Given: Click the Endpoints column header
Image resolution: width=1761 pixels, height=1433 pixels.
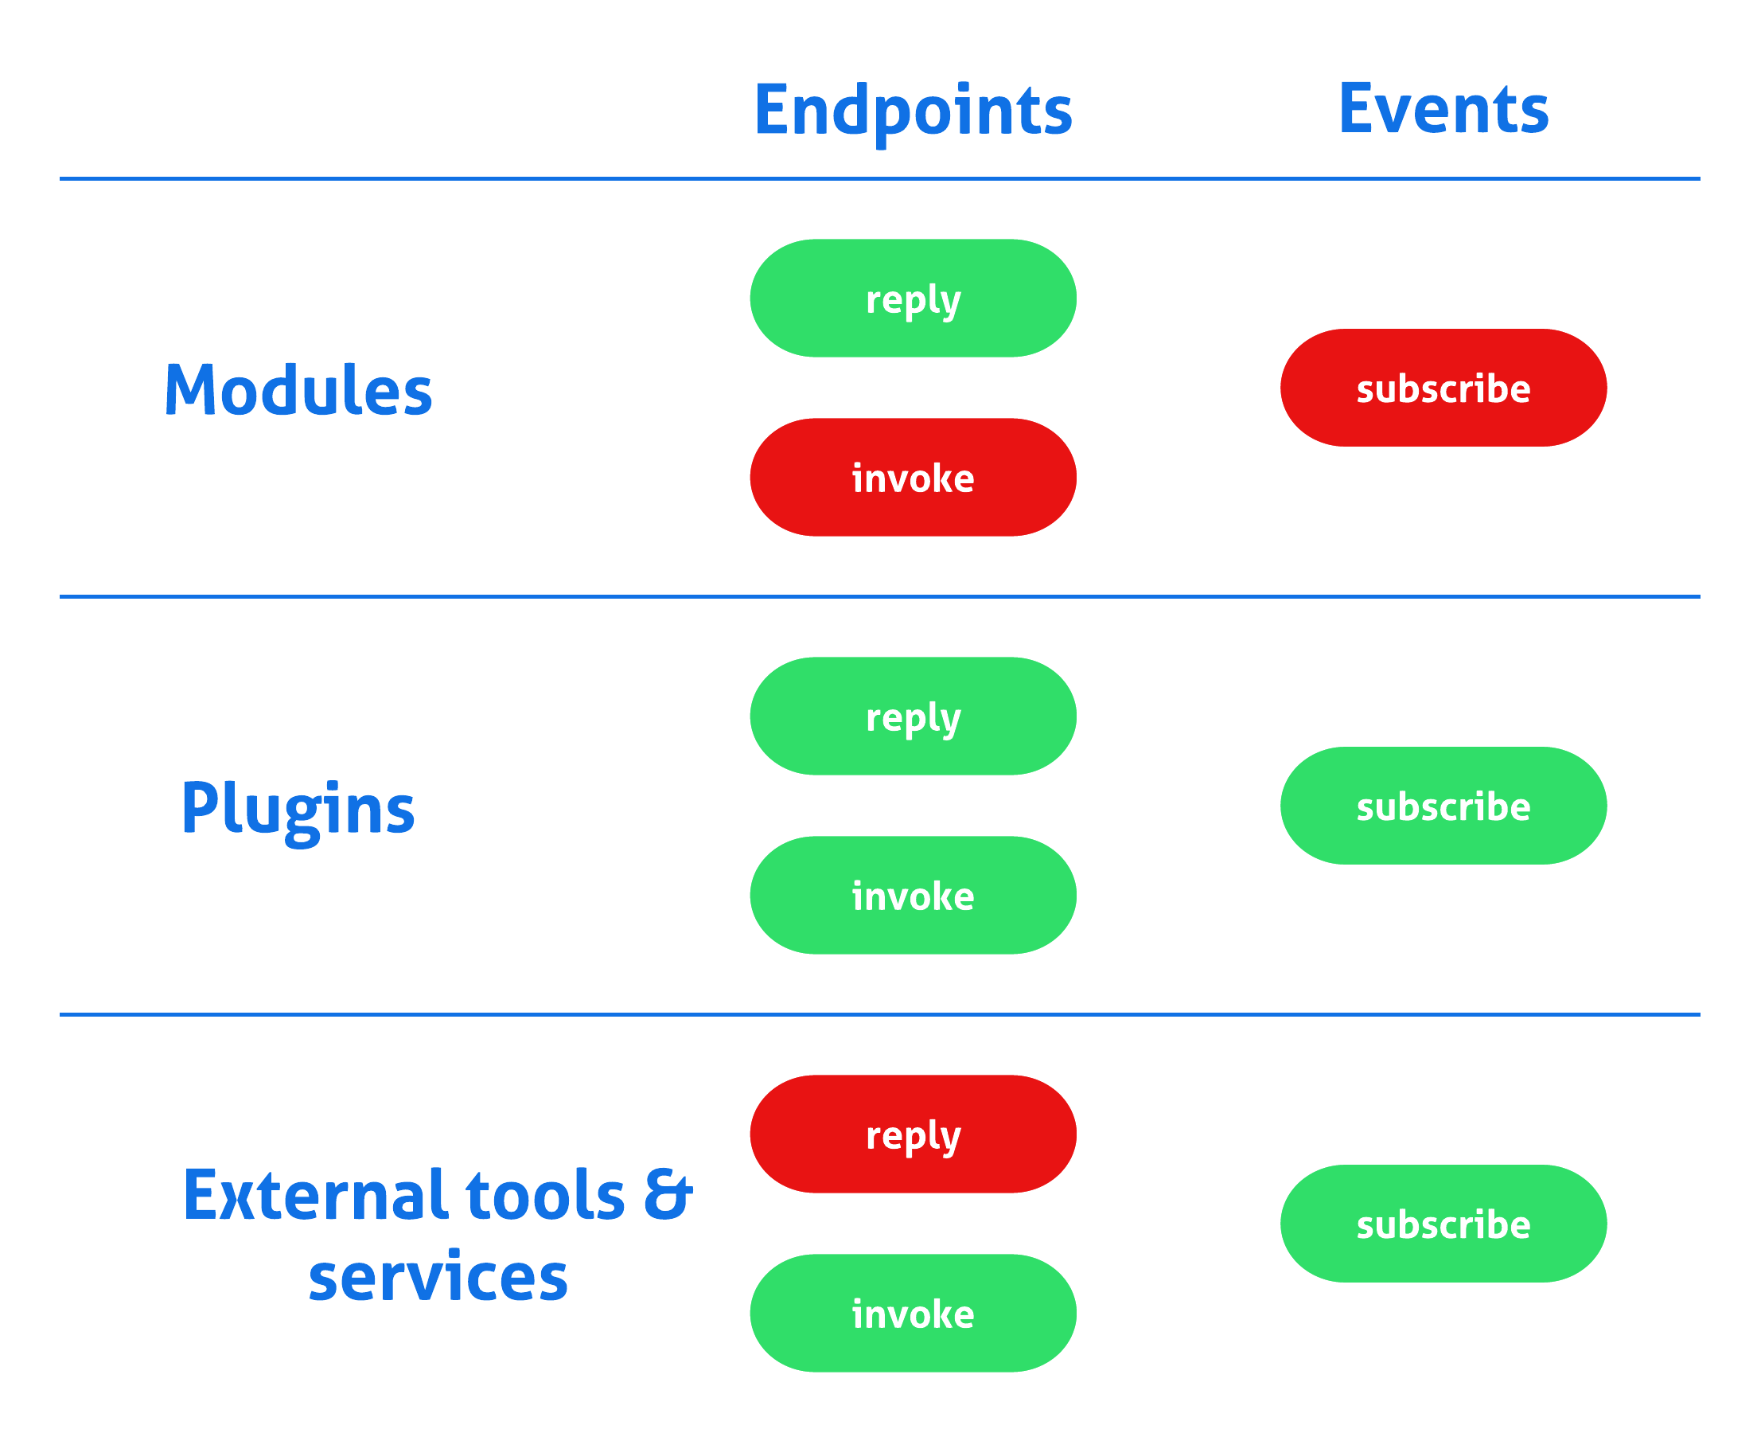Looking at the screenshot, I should point(913,111).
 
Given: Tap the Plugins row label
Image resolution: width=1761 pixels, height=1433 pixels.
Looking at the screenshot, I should point(298,808).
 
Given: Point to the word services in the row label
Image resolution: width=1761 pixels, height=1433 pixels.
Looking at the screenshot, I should point(438,1277).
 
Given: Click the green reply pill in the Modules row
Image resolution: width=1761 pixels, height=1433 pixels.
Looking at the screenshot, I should point(913,298).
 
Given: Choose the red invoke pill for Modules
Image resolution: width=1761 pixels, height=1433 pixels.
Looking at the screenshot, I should point(913,477).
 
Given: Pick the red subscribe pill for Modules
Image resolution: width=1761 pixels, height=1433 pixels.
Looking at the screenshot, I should point(1443,388).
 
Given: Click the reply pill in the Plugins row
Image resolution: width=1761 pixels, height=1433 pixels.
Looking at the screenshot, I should point(913,716).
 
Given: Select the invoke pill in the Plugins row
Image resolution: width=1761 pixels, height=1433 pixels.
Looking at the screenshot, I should point(913,895).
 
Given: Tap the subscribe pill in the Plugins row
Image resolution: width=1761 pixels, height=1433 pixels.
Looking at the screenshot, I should point(1443,806).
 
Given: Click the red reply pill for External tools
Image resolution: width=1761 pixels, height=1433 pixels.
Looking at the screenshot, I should point(913,1134).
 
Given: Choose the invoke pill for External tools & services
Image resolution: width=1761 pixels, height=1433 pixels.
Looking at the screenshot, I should point(913,1314).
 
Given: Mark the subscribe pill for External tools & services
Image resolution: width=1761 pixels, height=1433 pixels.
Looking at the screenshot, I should point(1443,1224).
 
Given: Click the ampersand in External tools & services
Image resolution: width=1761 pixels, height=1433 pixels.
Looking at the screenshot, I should point(668,1194).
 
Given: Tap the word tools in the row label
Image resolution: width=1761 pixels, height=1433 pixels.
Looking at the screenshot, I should point(544,1194).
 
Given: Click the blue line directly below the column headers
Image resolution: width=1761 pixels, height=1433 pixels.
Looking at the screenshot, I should point(879,178).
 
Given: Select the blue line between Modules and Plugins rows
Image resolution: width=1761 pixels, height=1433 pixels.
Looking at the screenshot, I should point(879,596).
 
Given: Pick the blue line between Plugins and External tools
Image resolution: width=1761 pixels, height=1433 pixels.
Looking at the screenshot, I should point(879,1014).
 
